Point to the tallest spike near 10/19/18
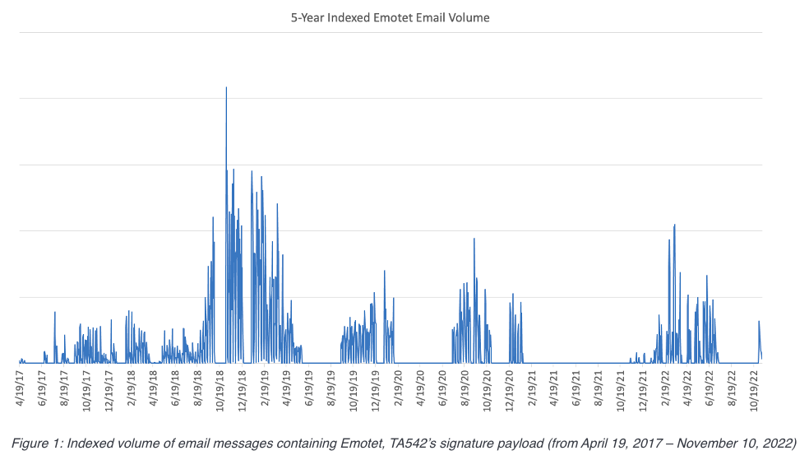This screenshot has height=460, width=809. pyautogui.click(x=226, y=88)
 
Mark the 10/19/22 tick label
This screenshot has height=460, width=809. pyautogui.click(x=754, y=389)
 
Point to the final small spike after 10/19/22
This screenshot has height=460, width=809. pyautogui.click(x=759, y=322)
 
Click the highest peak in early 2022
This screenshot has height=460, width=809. pyautogui.click(x=674, y=225)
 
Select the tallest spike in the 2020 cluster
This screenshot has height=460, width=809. pyautogui.click(x=474, y=239)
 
